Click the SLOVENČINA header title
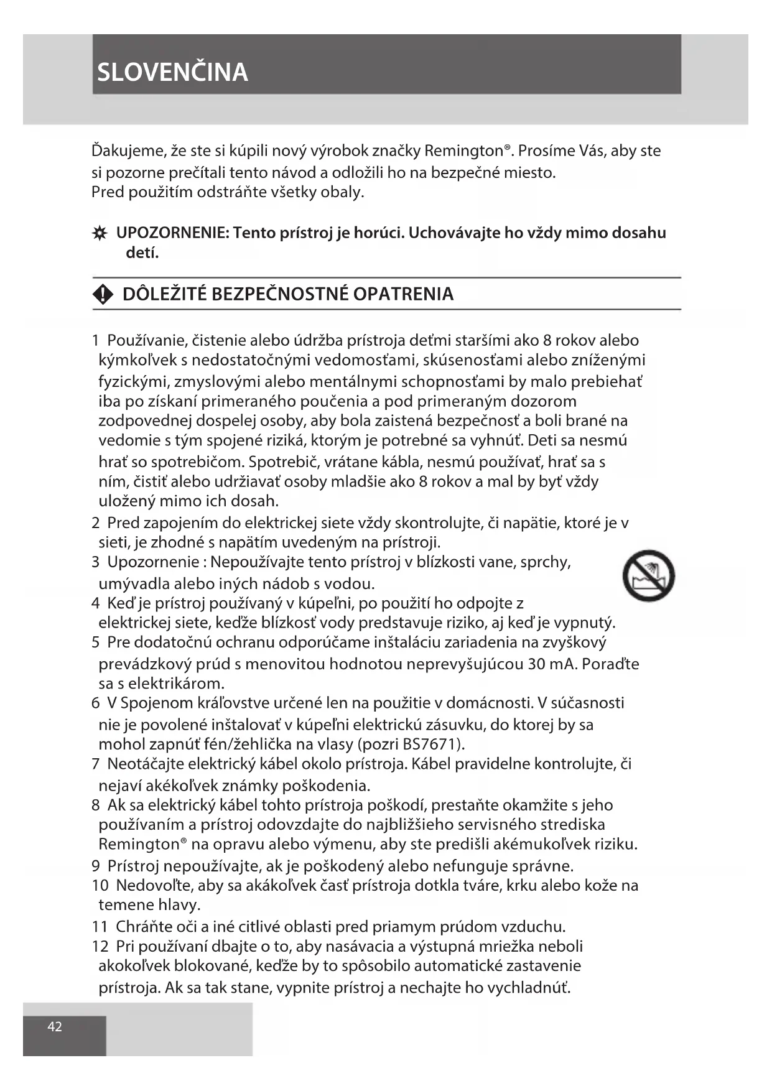click(x=172, y=72)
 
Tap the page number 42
click(x=55, y=1026)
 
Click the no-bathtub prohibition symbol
click(x=648, y=575)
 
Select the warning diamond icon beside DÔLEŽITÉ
click(x=103, y=295)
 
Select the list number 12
click(x=100, y=946)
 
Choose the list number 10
click(x=100, y=885)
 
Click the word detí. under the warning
click(x=142, y=253)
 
